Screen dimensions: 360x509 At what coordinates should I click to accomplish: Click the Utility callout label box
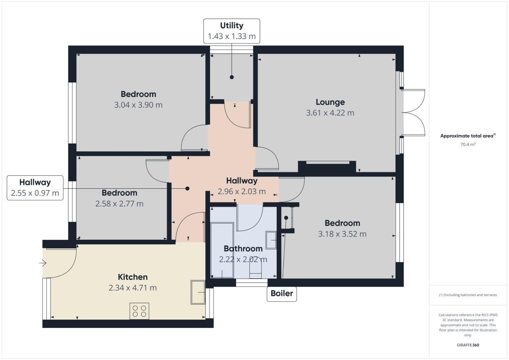(232, 31)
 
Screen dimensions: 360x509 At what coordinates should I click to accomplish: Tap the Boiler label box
(282, 294)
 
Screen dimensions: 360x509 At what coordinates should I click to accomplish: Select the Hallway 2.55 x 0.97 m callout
(35, 188)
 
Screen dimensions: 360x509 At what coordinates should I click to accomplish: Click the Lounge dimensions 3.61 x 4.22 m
(330, 113)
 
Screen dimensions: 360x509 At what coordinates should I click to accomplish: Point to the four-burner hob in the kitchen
(139, 311)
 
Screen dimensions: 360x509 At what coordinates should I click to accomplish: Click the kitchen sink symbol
(198, 292)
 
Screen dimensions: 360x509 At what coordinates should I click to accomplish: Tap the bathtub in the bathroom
(222, 251)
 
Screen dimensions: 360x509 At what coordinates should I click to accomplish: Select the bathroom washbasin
(271, 240)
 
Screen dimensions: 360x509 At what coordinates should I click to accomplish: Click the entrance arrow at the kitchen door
(43, 263)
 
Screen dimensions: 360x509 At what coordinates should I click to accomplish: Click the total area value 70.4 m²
(468, 144)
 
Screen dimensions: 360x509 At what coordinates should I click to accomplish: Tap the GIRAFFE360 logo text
(468, 345)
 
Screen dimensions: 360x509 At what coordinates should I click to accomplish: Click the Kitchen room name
(133, 277)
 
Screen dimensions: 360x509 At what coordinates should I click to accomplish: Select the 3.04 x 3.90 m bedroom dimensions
(138, 105)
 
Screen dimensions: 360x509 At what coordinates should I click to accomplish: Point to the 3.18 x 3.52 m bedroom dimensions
(342, 234)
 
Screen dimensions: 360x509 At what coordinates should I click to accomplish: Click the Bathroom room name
(243, 249)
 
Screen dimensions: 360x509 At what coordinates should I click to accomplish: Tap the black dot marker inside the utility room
(232, 77)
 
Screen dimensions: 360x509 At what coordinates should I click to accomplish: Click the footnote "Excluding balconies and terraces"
(468, 295)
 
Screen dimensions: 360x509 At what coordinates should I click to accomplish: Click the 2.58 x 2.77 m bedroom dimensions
(119, 204)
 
